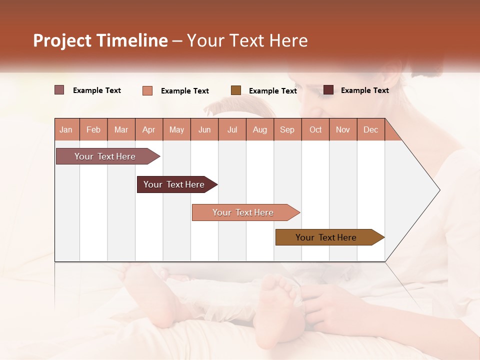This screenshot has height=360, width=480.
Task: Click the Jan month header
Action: point(66,129)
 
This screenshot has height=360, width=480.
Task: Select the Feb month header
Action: point(93,129)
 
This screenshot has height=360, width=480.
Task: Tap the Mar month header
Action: point(121,129)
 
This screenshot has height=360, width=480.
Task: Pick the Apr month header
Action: point(149,129)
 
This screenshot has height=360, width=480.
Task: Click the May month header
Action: point(176,129)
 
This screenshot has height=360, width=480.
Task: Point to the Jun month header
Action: point(204,129)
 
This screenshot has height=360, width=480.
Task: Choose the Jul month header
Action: point(232,129)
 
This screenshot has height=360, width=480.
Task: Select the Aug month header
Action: point(260,129)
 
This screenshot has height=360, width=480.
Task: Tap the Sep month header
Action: point(287,129)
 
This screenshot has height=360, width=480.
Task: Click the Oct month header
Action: point(315,129)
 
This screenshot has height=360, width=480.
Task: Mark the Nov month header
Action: point(343,129)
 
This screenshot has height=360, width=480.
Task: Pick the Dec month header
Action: point(371,129)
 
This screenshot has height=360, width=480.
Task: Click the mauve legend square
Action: point(59,90)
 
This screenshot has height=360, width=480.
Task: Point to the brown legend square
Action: point(236,90)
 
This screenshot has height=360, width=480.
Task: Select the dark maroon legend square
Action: point(328,90)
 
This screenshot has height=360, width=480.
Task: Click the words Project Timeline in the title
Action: point(100,40)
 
